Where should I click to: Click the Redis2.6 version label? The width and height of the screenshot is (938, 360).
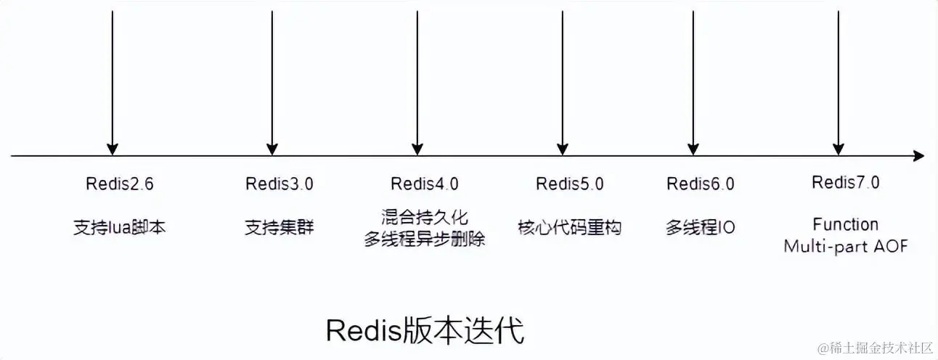[x=120, y=184]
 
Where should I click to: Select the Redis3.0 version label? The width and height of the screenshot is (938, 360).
[x=280, y=184]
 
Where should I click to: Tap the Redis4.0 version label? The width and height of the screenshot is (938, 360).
[x=425, y=184]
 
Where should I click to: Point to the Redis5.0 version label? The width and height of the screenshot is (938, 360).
[x=570, y=184]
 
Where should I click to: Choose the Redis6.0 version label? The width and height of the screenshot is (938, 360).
[x=701, y=184]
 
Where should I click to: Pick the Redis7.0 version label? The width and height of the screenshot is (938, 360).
[x=846, y=182]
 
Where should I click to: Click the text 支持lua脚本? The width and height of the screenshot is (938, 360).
[x=120, y=227]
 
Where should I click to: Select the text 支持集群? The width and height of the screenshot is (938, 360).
[x=272, y=227]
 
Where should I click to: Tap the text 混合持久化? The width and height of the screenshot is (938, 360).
[x=425, y=216]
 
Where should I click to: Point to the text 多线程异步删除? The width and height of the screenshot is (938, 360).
[x=425, y=238]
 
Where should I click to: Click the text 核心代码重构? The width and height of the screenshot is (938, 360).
[x=570, y=227]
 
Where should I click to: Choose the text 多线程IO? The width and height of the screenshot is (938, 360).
[x=701, y=227]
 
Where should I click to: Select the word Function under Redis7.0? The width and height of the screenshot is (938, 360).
[x=846, y=224]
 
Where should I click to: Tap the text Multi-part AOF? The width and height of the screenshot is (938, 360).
[x=846, y=247]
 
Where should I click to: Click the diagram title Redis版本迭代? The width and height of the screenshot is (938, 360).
[x=425, y=331]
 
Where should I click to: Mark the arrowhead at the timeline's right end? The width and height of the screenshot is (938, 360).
[x=918, y=156]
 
